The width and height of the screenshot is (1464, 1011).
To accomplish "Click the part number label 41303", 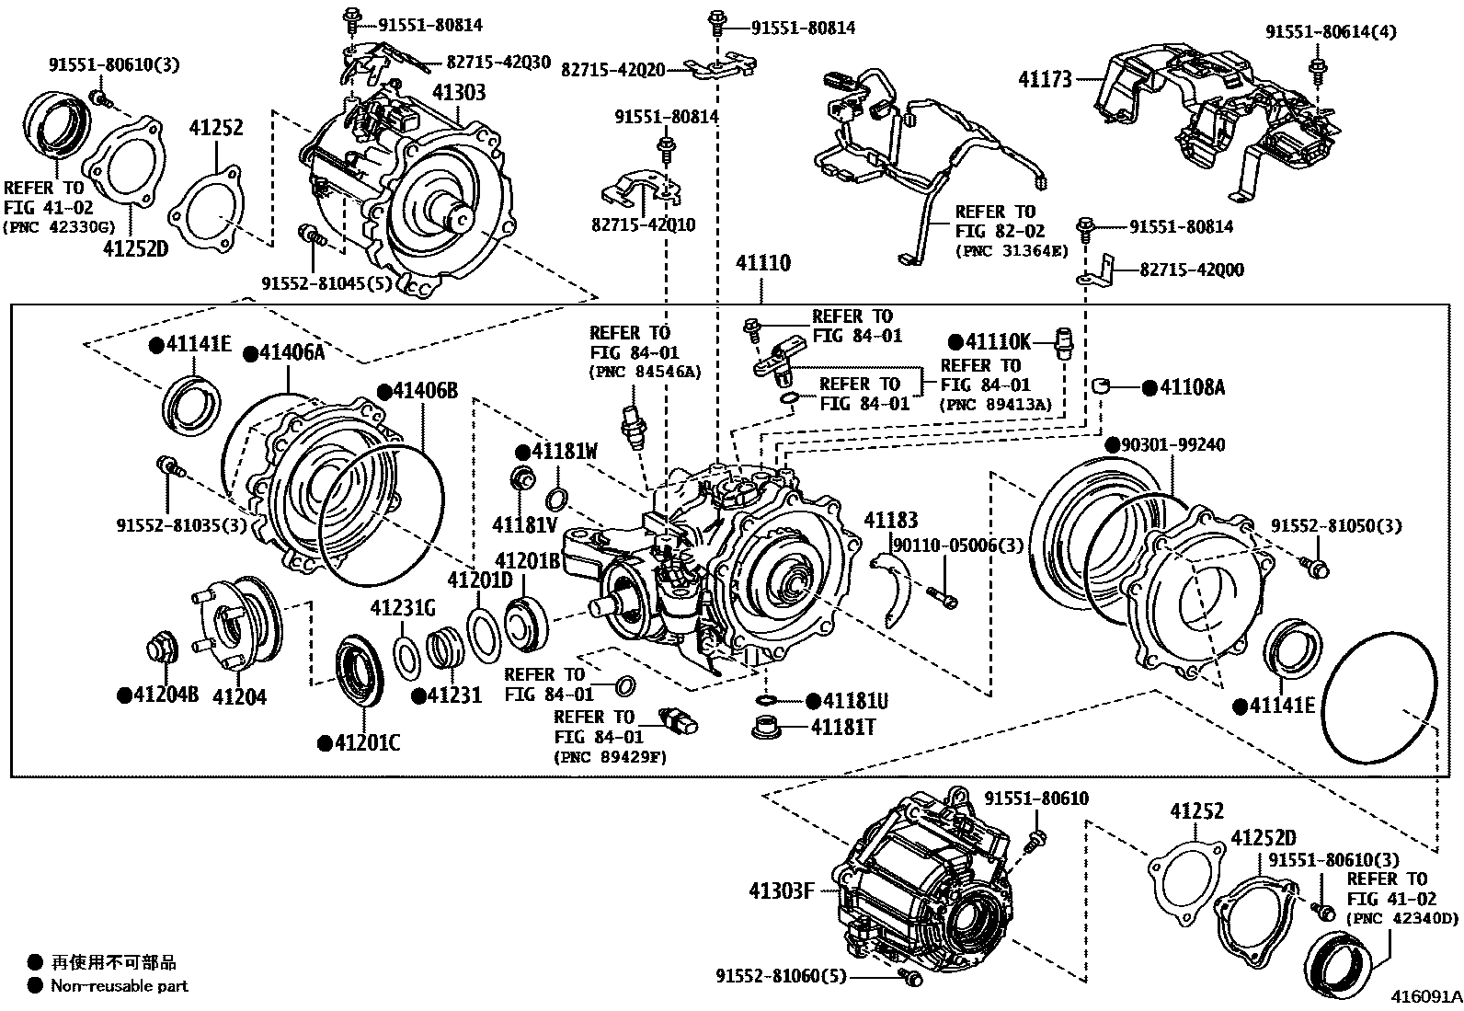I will (459, 92).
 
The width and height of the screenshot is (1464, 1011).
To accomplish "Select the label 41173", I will (1045, 79).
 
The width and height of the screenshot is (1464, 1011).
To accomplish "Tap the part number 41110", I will (762, 263).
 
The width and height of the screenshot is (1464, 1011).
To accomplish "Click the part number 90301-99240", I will (1172, 445).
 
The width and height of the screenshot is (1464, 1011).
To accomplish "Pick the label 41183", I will (890, 521).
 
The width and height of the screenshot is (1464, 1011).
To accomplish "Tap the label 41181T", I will (842, 727).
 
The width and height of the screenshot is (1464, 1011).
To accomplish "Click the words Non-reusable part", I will (120, 986).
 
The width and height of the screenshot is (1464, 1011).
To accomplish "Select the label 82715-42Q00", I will (1192, 270).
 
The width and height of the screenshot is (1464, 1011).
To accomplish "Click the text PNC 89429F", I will (611, 757).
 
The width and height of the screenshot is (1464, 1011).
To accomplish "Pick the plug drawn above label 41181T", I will (767, 727).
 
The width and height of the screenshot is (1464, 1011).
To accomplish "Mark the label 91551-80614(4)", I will (1330, 31).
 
